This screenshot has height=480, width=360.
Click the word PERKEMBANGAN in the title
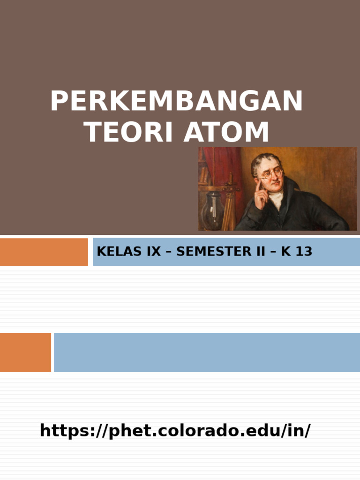pos(176,101)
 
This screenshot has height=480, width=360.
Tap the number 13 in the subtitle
pos(304,252)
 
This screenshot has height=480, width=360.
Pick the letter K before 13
pos(285,252)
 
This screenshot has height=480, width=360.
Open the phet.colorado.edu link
pos(175,430)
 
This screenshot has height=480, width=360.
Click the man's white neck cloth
pos(277,199)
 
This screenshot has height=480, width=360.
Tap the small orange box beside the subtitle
pos(44,252)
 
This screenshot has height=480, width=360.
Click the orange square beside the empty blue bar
pos(25,352)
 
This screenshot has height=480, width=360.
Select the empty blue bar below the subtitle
pos(206,352)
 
